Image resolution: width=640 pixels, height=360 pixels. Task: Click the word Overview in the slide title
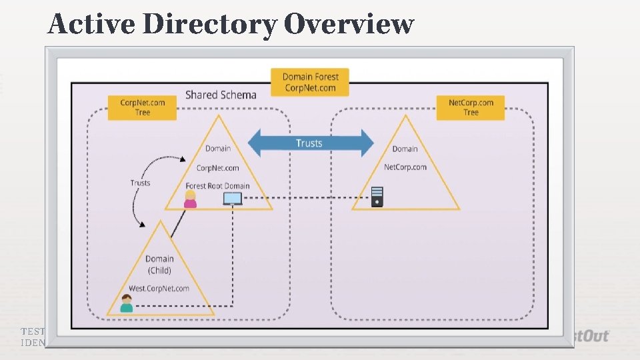pyautogui.click(x=348, y=24)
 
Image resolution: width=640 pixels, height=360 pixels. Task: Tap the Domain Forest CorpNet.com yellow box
pyautogui.click(x=310, y=83)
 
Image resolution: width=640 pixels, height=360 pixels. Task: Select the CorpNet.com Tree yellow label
pyautogui.click(x=143, y=107)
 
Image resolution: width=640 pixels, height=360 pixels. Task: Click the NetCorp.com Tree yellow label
pyautogui.click(x=471, y=107)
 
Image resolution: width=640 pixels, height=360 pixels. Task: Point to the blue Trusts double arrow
pyautogui.click(x=310, y=143)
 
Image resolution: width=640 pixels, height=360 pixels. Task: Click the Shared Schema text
pyautogui.click(x=221, y=95)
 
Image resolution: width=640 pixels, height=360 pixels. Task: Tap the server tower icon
pyautogui.click(x=377, y=196)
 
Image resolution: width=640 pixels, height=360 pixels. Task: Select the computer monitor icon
pyautogui.click(x=233, y=199)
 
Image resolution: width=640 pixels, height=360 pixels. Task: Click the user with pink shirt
pyautogui.click(x=191, y=199)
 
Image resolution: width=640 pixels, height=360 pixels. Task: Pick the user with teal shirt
pyautogui.click(x=126, y=303)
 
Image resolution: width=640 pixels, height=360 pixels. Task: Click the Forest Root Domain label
pyautogui.click(x=217, y=185)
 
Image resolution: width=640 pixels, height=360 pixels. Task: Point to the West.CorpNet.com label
pyautogui.click(x=159, y=289)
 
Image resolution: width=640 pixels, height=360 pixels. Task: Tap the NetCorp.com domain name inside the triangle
pyautogui.click(x=405, y=167)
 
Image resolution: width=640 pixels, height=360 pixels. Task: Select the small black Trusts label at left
pyautogui.click(x=140, y=183)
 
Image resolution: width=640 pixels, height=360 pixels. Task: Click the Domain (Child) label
pyautogui.click(x=159, y=264)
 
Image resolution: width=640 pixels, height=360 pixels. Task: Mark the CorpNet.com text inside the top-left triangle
pyautogui.click(x=217, y=168)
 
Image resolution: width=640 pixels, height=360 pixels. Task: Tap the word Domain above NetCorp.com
pyautogui.click(x=405, y=149)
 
